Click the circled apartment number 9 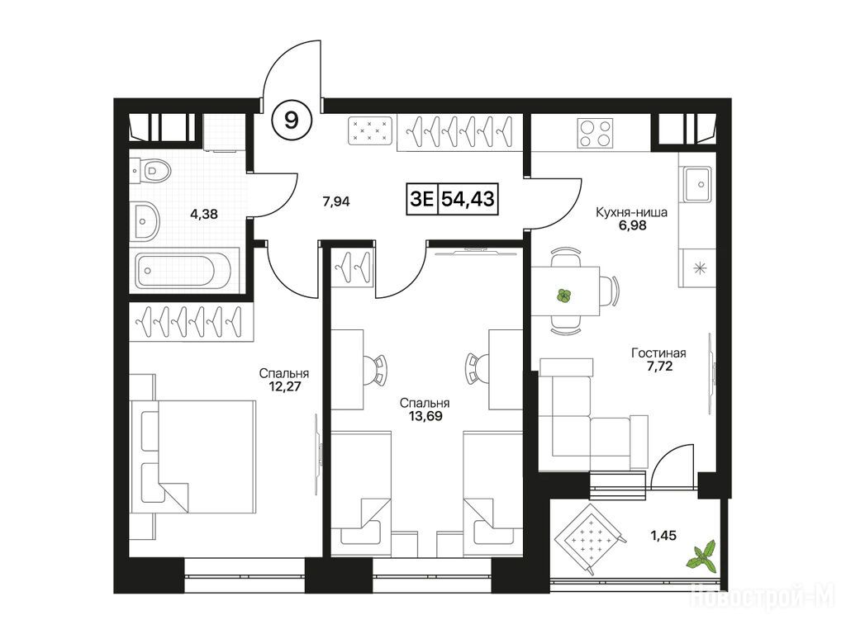[292, 121]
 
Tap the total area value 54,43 [468, 199]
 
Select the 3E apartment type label [422, 199]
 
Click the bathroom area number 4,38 [204, 214]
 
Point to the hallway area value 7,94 [336, 201]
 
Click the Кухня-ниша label [631, 212]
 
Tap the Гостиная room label [658, 353]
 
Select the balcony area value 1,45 [663, 535]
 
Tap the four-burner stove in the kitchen [595, 133]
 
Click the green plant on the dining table [563, 296]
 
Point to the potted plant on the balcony [701, 556]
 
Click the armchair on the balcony [591, 537]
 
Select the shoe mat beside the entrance [370, 131]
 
